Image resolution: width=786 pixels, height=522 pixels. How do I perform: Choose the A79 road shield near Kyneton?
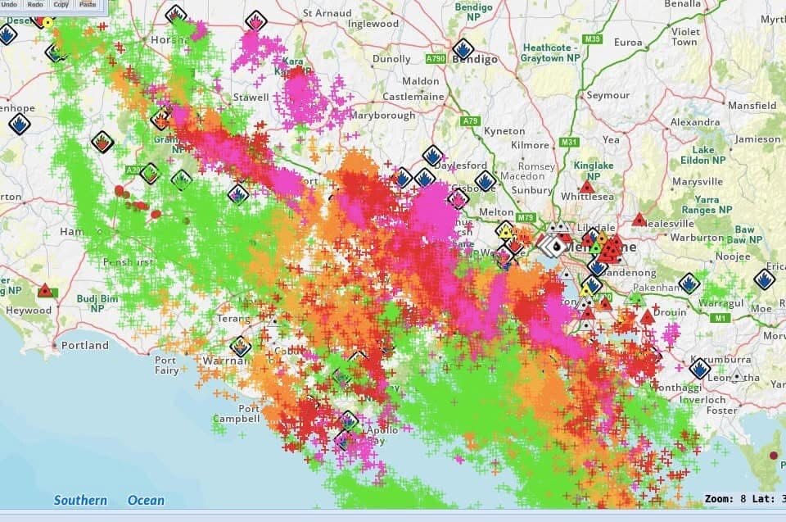470,122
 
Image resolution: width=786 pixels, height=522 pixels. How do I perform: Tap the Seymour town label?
608,96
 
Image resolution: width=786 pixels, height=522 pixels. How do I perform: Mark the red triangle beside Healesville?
639,220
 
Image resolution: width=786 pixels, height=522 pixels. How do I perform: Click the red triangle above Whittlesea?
586,187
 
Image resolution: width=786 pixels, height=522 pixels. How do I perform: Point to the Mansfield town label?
752,106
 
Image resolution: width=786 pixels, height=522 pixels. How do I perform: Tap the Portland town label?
85,345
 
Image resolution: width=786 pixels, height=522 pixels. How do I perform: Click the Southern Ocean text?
109,500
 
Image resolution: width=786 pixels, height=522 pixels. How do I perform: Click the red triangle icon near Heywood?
45,291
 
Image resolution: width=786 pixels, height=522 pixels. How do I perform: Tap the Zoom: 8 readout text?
724,498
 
